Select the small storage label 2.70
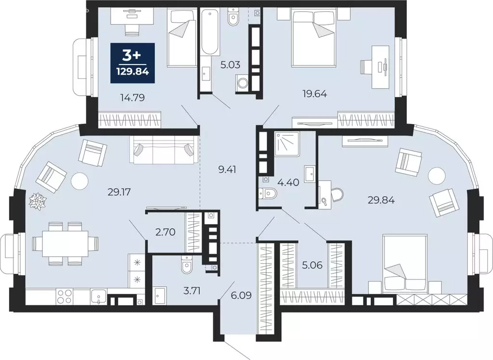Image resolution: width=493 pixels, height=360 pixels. [165, 232]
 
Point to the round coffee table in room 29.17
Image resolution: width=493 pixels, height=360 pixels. [80, 181]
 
